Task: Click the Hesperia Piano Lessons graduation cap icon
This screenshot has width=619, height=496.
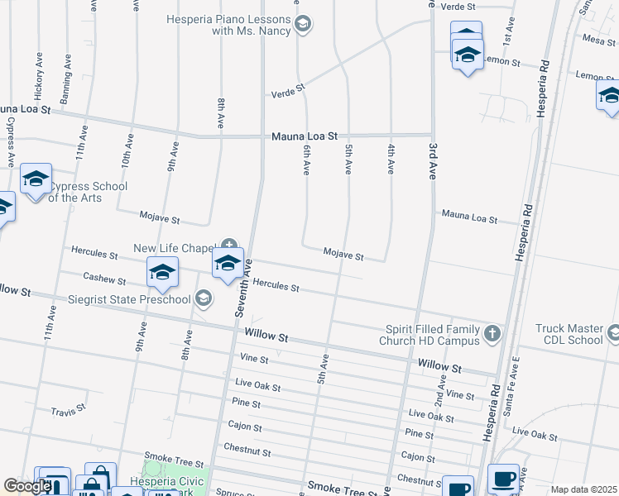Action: [303, 23]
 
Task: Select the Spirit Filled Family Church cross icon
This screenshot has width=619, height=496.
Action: [492, 333]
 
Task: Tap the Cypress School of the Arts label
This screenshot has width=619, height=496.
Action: [87, 192]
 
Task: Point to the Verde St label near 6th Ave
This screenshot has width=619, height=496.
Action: [289, 90]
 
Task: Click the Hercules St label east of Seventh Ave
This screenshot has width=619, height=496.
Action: [276, 285]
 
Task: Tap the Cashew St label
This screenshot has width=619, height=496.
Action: [103, 279]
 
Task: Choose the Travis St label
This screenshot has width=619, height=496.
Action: [68, 410]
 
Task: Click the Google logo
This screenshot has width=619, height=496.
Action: [27, 486]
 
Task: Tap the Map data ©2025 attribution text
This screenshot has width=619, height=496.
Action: [583, 489]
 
